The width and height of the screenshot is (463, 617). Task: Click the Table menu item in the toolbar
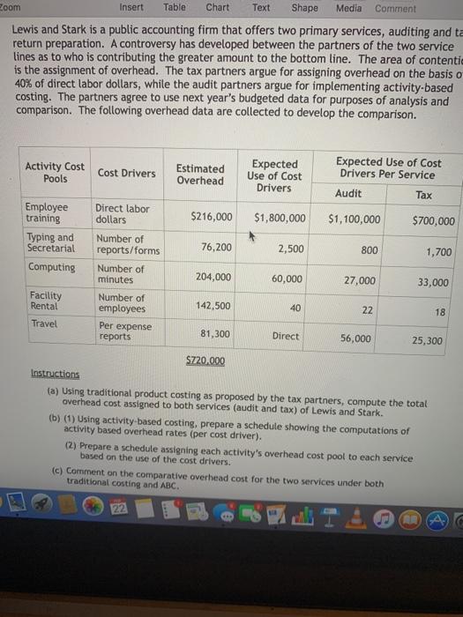[174, 8]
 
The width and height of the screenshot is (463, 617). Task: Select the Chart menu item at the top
[217, 8]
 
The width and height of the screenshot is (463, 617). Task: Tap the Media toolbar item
[348, 8]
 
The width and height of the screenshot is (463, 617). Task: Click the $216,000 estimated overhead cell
[212, 217]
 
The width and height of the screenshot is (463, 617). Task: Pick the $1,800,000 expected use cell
[280, 218]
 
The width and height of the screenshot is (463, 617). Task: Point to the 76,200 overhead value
[216, 248]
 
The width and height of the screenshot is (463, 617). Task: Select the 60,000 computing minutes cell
[287, 279]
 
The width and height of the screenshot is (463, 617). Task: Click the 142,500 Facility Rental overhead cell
[215, 306]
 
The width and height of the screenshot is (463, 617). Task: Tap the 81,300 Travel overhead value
[216, 334]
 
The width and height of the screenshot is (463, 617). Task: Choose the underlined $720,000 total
[205, 361]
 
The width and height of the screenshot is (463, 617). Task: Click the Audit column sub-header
[349, 193]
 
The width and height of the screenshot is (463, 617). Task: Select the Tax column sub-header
[424, 195]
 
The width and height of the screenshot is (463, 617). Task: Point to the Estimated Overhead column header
[200, 175]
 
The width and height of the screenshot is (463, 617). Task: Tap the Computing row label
[51, 267]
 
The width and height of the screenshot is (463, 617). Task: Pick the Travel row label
[43, 323]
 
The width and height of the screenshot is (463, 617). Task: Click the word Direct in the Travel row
[286, 336]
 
